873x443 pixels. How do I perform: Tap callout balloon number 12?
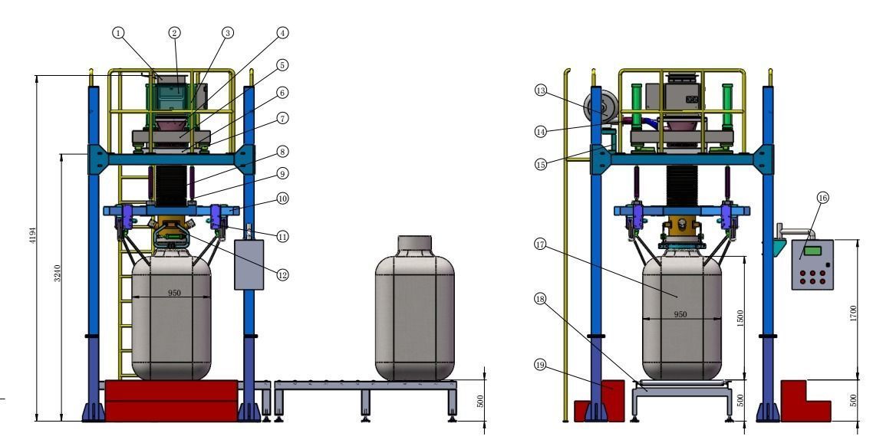coord(282,274)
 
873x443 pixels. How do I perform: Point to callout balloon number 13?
coord(542,90)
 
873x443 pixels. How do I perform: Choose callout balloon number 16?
coord(822,198)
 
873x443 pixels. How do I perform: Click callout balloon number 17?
coord(542,245)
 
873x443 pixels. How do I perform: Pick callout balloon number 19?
coord(542,366)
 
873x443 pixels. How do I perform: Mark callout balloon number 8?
coord(282,151)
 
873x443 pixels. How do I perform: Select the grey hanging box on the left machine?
coord(249,264)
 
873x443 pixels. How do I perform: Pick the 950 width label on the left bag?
coord(175,293)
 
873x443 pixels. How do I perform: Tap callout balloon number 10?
coord(282,198)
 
